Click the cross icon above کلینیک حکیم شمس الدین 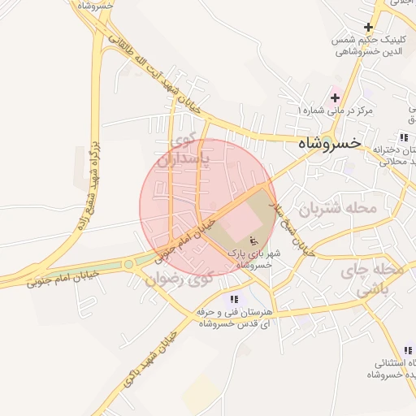click(369, 27)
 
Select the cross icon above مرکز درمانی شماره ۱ click(336, 97)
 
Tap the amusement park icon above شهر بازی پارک click(253, 240)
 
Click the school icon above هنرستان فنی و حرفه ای click(235, 299)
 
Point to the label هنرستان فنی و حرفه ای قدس click(236, 318)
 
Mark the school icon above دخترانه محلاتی click(404, 137)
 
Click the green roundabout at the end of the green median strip click(128, 264)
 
